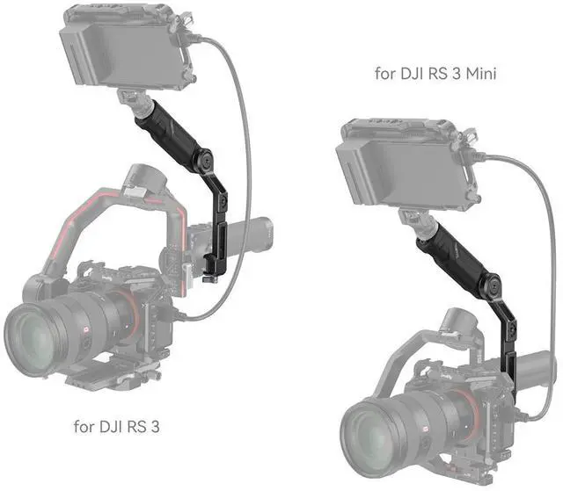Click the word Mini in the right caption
(481, 74)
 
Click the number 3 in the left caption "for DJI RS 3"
(155, 427)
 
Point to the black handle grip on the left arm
(166, 131)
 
